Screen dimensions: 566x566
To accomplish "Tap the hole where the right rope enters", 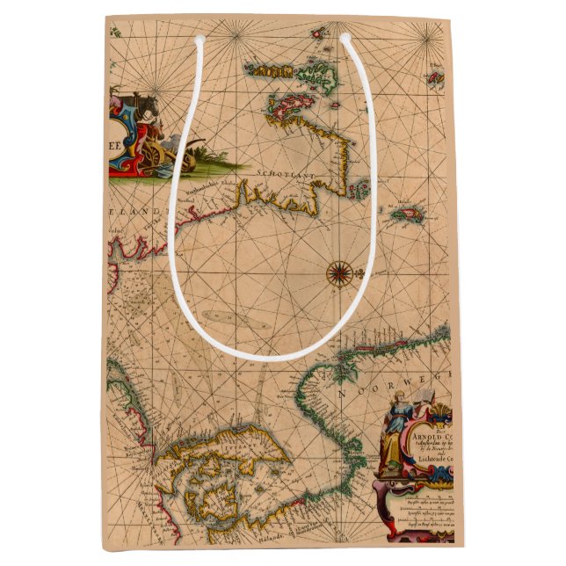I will point(345,39).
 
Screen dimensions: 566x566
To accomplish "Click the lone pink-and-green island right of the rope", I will point(408,212).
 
